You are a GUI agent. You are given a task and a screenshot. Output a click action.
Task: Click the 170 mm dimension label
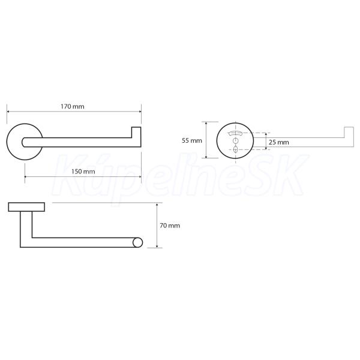tap(73, 107)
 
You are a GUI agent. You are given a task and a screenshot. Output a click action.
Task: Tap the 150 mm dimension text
tap(83, 172)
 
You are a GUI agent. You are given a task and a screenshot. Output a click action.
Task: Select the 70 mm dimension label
tap(170, 226)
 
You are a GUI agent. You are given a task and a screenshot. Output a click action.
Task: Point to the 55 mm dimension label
tap(192, 140)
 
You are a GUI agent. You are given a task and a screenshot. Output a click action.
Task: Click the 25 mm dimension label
tap(279, 142)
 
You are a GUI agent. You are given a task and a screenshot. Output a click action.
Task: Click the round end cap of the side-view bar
tap(138, 242)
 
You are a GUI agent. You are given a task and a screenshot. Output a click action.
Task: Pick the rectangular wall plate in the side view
tap(26, 207)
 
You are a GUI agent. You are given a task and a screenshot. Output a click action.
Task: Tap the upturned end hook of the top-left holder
tap(136, 133)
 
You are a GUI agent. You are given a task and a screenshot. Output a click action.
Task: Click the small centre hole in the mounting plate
tap(235, 140)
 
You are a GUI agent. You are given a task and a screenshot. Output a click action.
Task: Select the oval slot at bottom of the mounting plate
tap(235, 149)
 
